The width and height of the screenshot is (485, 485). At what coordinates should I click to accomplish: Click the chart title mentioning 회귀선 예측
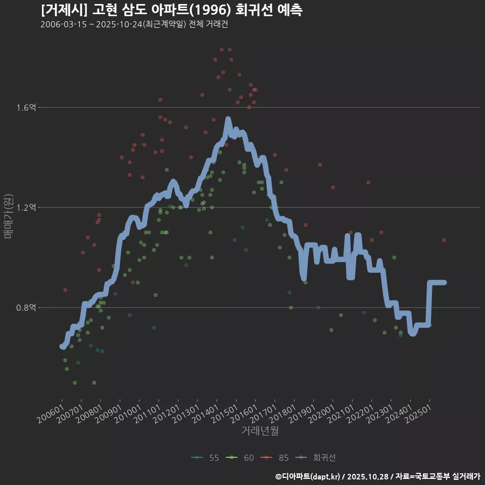[x=171, y=10]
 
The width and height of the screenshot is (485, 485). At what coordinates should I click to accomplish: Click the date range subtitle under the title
[x=134, y=25]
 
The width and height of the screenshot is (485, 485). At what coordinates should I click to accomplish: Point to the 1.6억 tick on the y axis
[x=26, y=108]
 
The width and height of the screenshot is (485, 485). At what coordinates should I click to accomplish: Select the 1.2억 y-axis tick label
[x=26, y=208]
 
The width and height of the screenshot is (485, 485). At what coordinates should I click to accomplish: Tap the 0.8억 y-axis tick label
[x=26, y=308]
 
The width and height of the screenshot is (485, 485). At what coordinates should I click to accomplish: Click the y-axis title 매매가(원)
[x=8, y=216]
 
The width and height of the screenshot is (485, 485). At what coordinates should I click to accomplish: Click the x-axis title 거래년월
[x=260, y=430]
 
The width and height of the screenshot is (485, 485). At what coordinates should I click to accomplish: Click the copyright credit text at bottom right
[x=377, y=476]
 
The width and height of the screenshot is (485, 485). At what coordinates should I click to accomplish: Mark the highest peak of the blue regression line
[x=228, y=119]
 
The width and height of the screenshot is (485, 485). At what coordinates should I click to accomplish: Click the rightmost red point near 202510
[x=444, y=240]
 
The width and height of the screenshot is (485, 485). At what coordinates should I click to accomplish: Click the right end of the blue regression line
[x=445, y=282]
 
